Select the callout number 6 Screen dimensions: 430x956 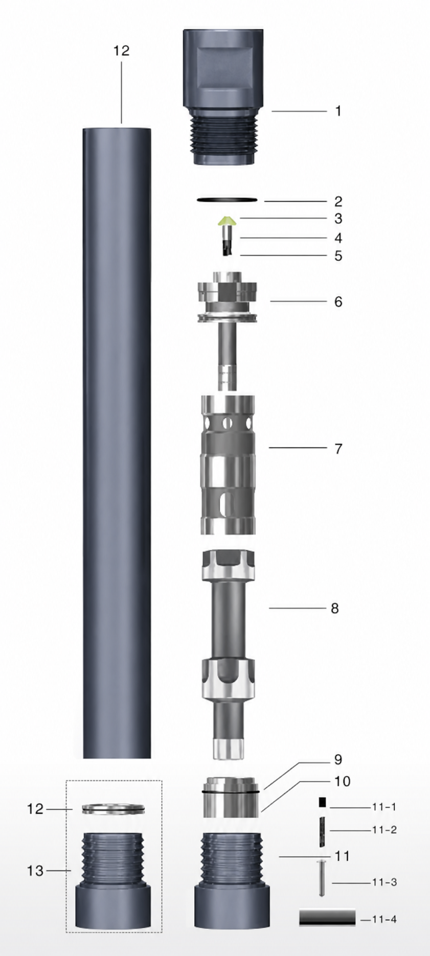coord(338,301)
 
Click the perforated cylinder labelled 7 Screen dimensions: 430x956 coord(228,464)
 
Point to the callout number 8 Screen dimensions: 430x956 coord(335,608)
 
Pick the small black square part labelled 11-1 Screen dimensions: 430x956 coord(322,802)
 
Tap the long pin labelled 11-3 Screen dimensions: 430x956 coord(322,877)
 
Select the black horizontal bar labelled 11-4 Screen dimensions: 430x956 coord(327,917)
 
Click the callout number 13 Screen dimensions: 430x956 coord(35,870)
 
